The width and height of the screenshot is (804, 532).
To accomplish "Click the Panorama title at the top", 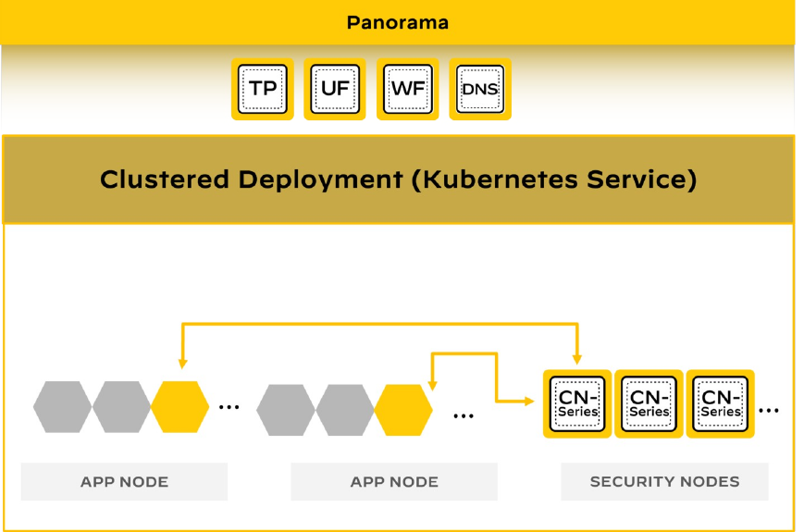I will (398, 22).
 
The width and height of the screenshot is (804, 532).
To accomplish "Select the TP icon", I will (263, 90).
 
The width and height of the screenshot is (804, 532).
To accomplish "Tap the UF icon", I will (335, 90).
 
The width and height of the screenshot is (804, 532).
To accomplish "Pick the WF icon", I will (408, 90).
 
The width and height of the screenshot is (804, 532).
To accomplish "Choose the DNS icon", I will (480, 90).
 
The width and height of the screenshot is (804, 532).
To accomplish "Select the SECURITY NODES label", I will (664, 481).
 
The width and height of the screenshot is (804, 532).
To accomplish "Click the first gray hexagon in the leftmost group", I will (63, 407).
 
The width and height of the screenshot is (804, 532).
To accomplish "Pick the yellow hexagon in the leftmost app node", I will (179, 407).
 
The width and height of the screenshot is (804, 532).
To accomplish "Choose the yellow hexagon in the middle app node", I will (403, 410).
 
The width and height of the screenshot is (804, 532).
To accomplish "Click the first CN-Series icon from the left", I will (577, 404).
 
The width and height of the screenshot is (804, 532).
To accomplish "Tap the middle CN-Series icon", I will (649, 404).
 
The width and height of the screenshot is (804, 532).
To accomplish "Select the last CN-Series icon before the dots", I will (721, 404).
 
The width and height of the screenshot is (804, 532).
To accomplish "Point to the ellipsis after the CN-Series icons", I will (768, 408).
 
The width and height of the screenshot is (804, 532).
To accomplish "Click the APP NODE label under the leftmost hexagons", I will (124, 481).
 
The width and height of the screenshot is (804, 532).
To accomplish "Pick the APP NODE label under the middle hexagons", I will (394, 481).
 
